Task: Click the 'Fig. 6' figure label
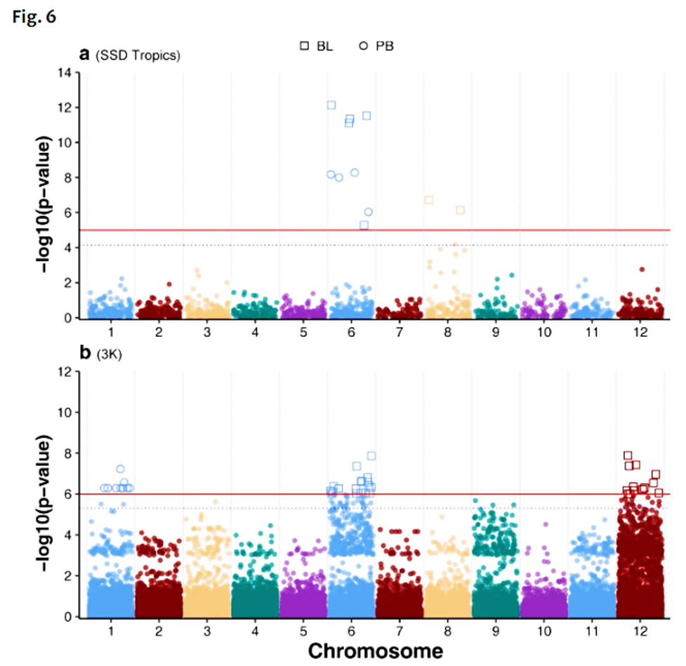coord(34,17)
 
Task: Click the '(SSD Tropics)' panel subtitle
coord(138,56)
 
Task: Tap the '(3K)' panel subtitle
coord(110,354)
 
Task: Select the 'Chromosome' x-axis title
coord(376,650)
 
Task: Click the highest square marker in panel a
coord(331,105)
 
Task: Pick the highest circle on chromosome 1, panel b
coord(120,469)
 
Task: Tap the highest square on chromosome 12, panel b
coord(628,455)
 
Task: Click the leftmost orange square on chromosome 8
coord(428,200)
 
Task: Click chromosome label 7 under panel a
coord(399,330)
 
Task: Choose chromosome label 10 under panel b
coord(543,629)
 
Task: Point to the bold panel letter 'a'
coord(85,55)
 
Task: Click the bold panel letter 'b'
coord(86,353)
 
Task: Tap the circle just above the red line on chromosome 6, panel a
coord(368,212)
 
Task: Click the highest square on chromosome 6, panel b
coord(371,455)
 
